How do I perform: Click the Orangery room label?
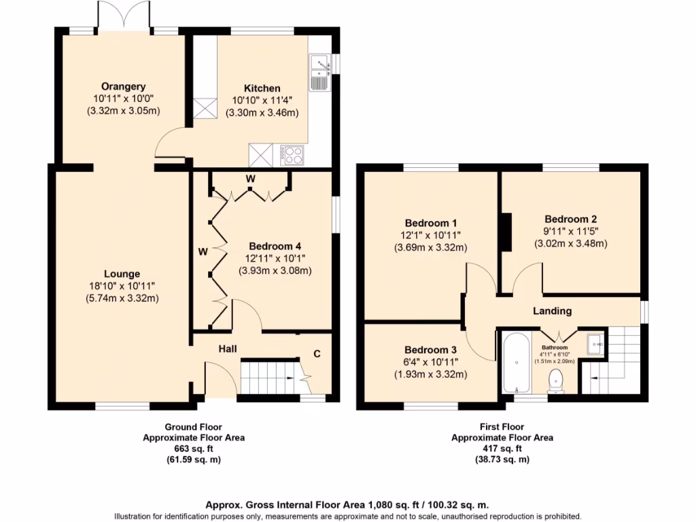click(123, 86)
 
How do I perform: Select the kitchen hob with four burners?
click(293, 155)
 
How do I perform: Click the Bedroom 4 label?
click(275, 246)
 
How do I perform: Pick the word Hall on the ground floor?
click(228, 349)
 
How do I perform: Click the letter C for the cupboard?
click(317, 353)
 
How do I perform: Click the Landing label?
click(552, 311)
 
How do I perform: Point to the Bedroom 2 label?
click(570, 219)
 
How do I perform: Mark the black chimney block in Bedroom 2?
click(506, 232)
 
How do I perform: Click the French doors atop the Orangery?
click(123, 15)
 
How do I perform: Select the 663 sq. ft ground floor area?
click(193, 449)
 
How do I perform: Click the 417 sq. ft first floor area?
click(502, 449)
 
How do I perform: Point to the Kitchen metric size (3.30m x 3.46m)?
click(262, 113)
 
